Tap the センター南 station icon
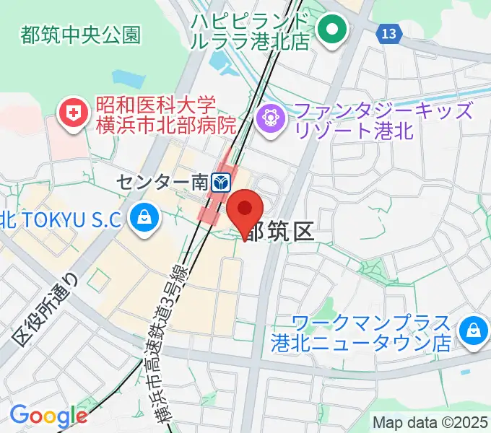pos(222,180)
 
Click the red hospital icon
pos(74,113)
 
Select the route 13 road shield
pos(388,32)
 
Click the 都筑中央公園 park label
pos(81,35)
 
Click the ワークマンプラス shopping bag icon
pos(474,328)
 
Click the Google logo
pos(48,416)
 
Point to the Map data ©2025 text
pos(430,422)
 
